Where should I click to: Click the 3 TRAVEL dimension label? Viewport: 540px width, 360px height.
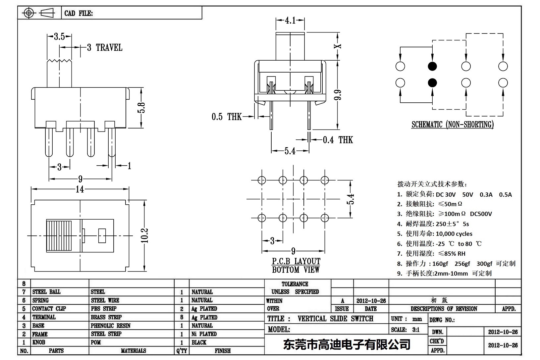[x=105, y=48]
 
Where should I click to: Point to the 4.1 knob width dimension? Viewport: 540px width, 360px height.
[x=290, y=21]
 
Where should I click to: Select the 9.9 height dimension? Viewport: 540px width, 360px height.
[x=338, y=95]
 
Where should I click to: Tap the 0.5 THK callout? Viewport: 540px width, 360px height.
[x=227, y=117]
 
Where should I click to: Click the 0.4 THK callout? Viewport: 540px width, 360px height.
[x=338, y=140]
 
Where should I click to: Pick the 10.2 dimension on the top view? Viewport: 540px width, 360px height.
[x=145, y=235]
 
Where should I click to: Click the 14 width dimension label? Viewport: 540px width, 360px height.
[x=80, y=189]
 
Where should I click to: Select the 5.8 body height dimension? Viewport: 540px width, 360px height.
[x=141, y=108]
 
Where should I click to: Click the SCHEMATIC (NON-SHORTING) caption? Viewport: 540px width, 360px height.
[x=452, y=125]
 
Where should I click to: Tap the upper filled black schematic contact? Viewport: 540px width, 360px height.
[x=432, y=66]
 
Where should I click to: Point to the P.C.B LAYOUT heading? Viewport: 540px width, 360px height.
[x=296, y=261]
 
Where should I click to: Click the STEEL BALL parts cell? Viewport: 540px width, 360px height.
[x=46, y=292]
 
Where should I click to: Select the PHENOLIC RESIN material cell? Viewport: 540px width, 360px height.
[x=110, y=326]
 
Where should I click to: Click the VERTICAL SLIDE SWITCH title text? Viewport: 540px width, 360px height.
[x=335, y=319]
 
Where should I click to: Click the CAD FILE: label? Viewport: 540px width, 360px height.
[x=79, y=13]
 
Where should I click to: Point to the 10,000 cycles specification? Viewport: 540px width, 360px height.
[x=454, y=234]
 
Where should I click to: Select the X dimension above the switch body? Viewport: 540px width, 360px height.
[x=338, y=46]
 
